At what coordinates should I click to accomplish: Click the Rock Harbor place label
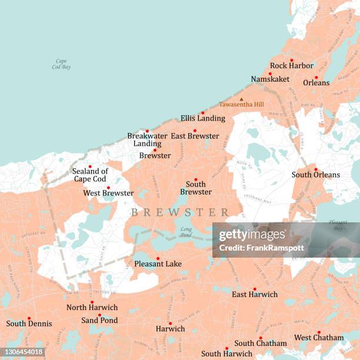[x=292, y=65]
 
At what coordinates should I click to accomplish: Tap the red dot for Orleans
[x=316, y=77]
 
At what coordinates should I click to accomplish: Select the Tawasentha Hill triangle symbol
[x=241, y=99]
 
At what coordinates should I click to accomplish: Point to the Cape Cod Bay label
[x=61, y=64]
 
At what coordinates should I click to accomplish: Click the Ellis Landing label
[x=203, y=118]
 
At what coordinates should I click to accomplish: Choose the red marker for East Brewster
[x=195, y=131]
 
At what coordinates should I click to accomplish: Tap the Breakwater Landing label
[x=147, y=139]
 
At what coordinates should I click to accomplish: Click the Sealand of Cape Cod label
[x=90, y=175]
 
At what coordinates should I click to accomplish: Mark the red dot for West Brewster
[x=108, y=188]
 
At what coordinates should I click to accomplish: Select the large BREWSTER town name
[x=180, y=212]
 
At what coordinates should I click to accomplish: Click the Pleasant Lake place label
[x=158, y=264]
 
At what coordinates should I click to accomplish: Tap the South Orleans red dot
[x=316, y=169]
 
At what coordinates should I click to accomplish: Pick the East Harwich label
[x=255, y=294]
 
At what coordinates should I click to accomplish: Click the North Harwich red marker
[x=92, y=302]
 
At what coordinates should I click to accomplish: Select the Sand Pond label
[x=99, y=321]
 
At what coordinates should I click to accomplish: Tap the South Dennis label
[x=29, y=324]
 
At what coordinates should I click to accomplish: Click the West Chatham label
[x=319, y=338]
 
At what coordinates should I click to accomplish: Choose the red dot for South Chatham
[x=261, y=338]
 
